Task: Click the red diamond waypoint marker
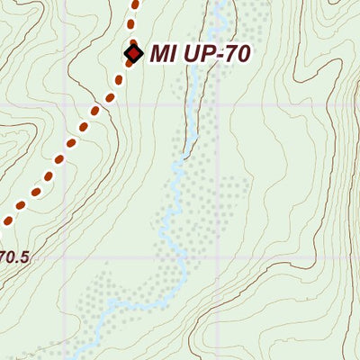133,54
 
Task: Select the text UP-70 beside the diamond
212,54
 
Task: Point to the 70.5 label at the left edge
13,257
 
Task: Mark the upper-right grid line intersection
218,105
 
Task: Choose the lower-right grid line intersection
218,258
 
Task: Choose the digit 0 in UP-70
239,54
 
